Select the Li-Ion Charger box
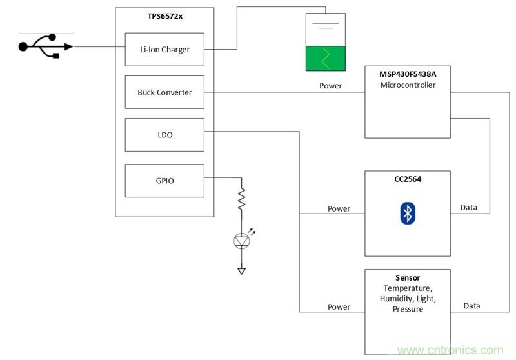164,49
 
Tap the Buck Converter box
164,92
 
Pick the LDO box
164,135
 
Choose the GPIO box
164,181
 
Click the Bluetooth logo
407,214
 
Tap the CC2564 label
407,179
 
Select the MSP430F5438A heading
407,74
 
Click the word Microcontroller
407,85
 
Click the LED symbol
241,241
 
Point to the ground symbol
241,270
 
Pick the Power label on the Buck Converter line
331,85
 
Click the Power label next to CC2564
339,208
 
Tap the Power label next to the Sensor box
339,306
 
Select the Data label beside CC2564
469,208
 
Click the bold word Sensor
408,278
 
